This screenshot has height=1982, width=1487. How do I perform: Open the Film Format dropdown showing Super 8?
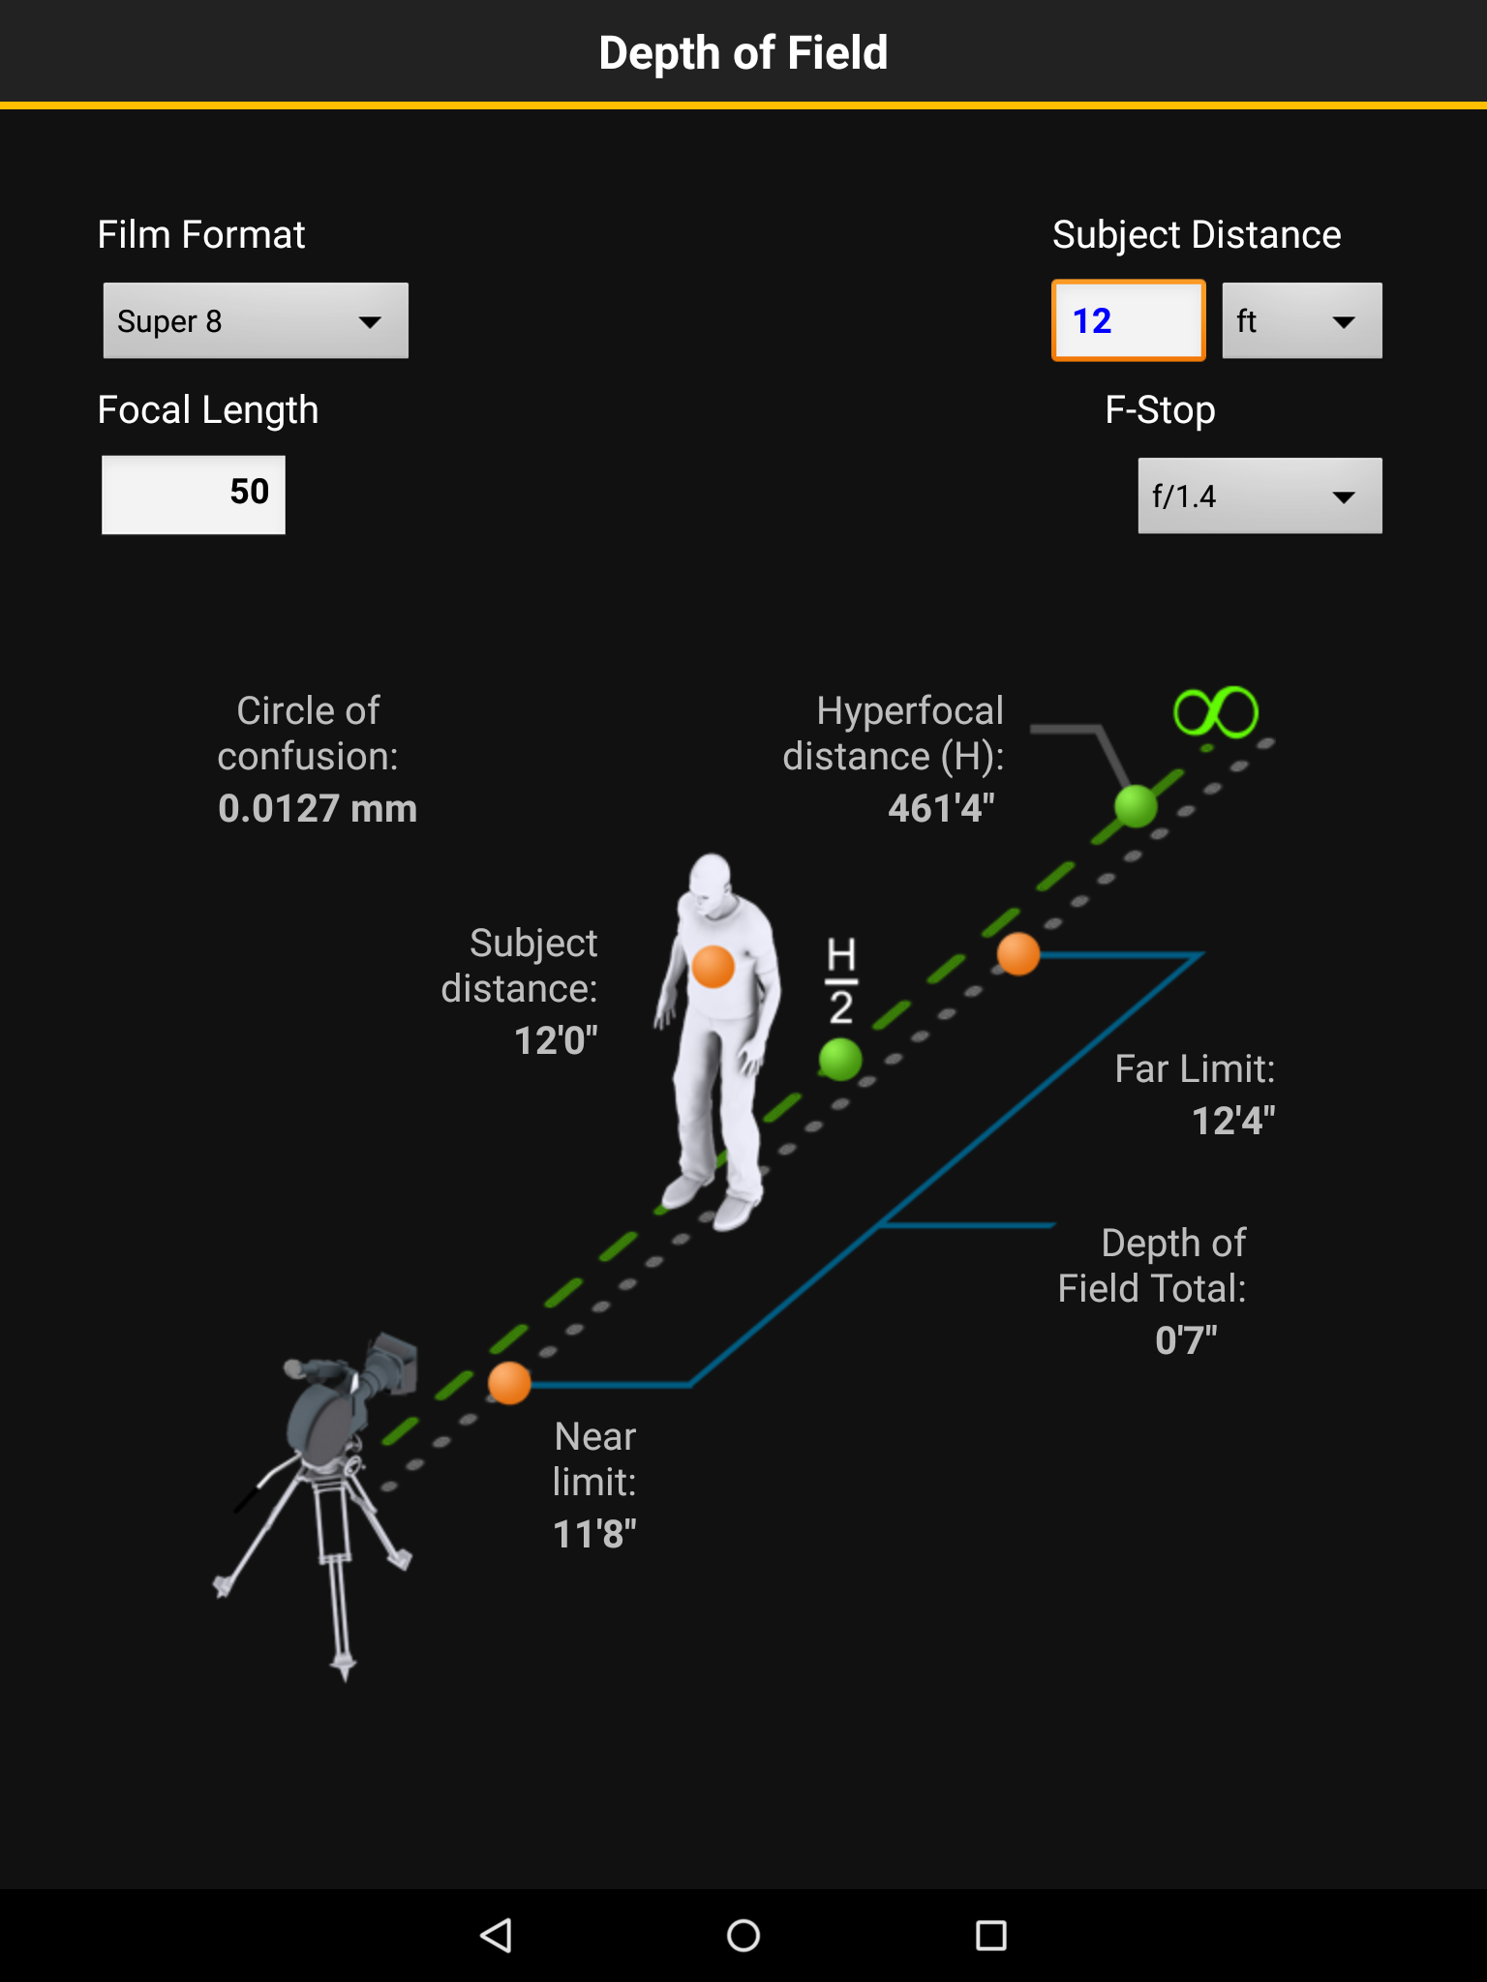coord(256,320)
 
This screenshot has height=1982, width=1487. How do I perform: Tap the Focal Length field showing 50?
coord(194,494)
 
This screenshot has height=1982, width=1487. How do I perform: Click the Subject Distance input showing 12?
coord(1129,320)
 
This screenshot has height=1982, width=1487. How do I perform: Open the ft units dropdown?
coord(1302,320)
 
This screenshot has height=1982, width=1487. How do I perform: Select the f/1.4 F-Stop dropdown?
coord(1259,495)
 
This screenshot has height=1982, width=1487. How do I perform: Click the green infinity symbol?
coord(1216,713)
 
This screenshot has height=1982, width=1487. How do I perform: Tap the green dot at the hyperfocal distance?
coord(1136,806)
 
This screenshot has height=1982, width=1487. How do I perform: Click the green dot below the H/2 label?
coord(840,1059)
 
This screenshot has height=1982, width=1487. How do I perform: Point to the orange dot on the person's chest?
coord(713,967)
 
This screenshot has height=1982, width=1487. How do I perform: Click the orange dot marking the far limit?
coord(1018,954)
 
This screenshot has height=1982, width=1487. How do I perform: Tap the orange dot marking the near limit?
coord(509,1383)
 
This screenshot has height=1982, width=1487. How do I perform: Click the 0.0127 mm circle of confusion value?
coord(318,808)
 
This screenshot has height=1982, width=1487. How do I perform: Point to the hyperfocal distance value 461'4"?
coord(942,808)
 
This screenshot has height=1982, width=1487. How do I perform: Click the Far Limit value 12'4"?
coord(1233,1121)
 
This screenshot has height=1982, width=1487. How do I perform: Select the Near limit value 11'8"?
coord(594,1534)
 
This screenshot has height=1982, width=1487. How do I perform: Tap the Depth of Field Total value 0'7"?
coord(1186,1340)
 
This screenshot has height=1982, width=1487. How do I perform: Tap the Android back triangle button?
coord(496,1936)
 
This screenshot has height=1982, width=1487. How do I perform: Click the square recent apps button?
coord(991,1936)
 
